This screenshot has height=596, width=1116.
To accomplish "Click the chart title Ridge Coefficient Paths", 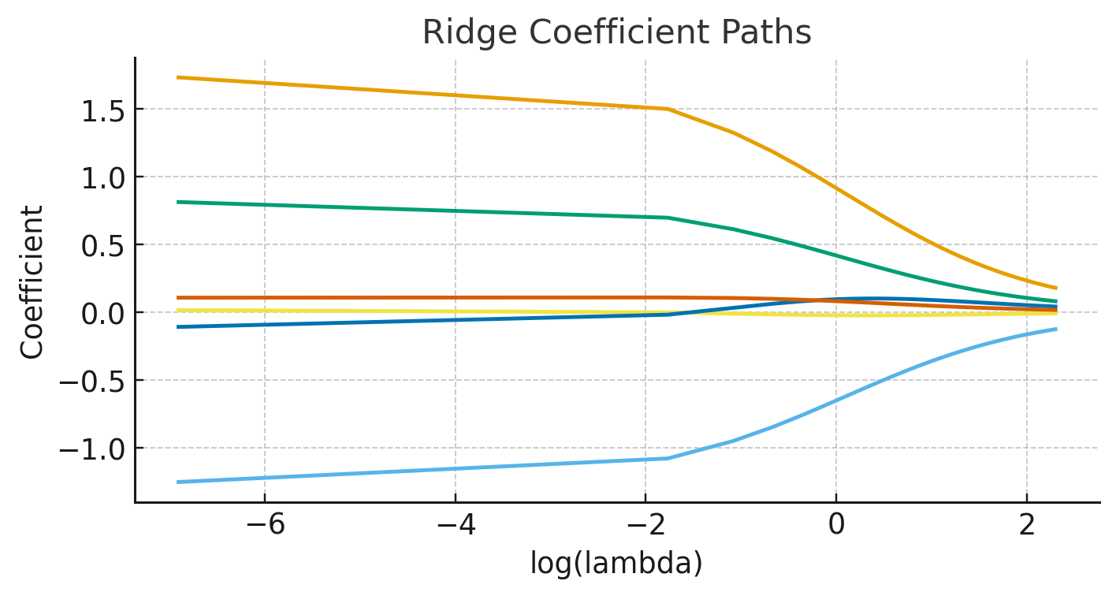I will pyautogui.click(x=616, y=32).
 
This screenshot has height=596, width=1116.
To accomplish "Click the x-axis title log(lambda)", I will pyautogui.click(x=616, y=563).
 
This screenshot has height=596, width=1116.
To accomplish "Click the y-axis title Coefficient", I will pyautogui.click(x=32, y=281).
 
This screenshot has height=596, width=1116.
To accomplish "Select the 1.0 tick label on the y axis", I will pyautogui.click(x=103, y=177).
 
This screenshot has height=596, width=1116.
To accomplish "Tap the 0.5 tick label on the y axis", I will pyautogui.click(x=103, y=245).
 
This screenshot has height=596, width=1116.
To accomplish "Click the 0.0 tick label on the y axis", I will pyautogui.click(x=103, y=313).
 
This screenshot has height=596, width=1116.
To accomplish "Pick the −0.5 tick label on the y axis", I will pyautogui.click(x=95, y=381).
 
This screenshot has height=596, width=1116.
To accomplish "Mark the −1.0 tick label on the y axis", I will pyautogui.click(x=95, y=449).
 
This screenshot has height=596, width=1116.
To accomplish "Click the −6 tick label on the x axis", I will pyautogui.click(x=265, y=526).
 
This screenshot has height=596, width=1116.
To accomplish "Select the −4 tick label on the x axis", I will pyautogui.click(x=455, y=526).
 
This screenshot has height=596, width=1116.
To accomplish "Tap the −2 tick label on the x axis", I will pyautogui.click(x=645, y=526).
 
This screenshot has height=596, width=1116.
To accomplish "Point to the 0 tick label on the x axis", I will pyautogui.click(x=836, y=526).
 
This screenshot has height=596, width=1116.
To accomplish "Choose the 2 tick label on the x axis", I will pyautogui.click(x=1026, y=526).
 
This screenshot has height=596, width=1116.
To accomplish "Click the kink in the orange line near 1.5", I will pyautogui.click(x=668, y=109).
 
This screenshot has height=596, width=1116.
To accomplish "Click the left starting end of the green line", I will pyautogui.click(x=177, y=202).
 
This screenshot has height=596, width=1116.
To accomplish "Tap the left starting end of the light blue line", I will pyautogui.click(x=177, y=482).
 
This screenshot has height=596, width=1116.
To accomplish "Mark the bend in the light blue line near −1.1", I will pyautogui.click(x=668, y=458).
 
